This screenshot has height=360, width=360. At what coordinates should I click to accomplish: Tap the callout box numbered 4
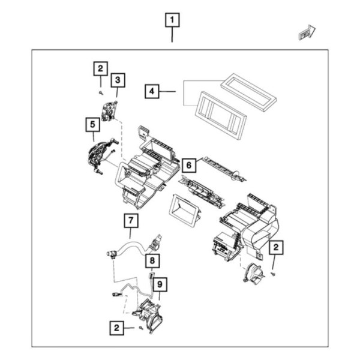152,91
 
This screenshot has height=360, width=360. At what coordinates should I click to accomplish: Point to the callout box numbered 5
92,124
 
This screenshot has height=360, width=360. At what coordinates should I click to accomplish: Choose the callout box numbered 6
188,164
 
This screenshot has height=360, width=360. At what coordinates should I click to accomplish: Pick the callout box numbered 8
152,260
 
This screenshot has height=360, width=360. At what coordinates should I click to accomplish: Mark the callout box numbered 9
159,283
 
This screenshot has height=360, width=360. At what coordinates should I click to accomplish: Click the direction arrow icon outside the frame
307,32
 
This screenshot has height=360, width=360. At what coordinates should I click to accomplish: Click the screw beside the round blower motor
273,273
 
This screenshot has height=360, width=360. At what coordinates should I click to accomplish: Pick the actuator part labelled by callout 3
109,112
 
